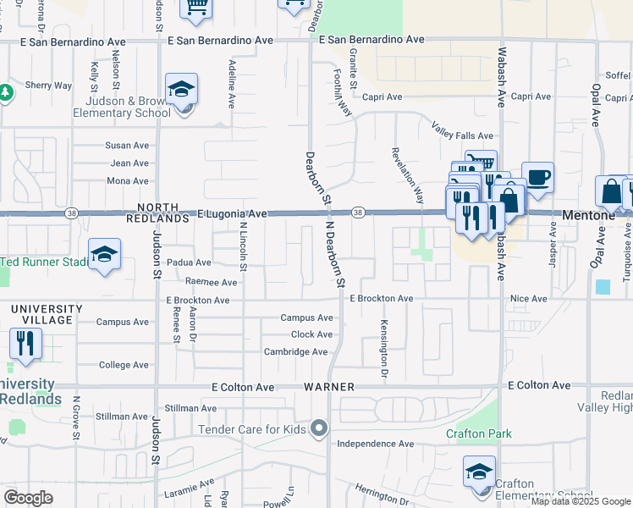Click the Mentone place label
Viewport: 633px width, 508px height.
[x=589, y=216]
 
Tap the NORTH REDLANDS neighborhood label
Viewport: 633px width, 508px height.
[x=153, y=213]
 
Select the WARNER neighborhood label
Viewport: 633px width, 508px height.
[x=324, y=387]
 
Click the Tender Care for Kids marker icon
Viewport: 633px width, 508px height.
[x=318, y=429]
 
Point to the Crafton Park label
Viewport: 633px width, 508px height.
[x=479, y=434]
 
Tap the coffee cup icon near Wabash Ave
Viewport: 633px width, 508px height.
[x=537, y=179]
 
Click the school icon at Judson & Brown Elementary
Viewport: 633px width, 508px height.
[x=181, y=90]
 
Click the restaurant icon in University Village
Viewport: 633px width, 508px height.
[x=25, y=343]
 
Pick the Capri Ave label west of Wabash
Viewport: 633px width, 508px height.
[x=383, y=97]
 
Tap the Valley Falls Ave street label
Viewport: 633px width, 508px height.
[x=462, y=135]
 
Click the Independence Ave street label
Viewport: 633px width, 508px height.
[x=375, y=444]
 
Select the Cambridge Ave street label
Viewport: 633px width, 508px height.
[x=295, y=352]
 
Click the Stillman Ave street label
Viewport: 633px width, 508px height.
[x=122, y=416]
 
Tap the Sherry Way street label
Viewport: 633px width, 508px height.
[x=48, y=86]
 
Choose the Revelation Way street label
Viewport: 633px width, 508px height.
[x=407, y=175]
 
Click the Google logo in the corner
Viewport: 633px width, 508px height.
[x=28, y=498]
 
